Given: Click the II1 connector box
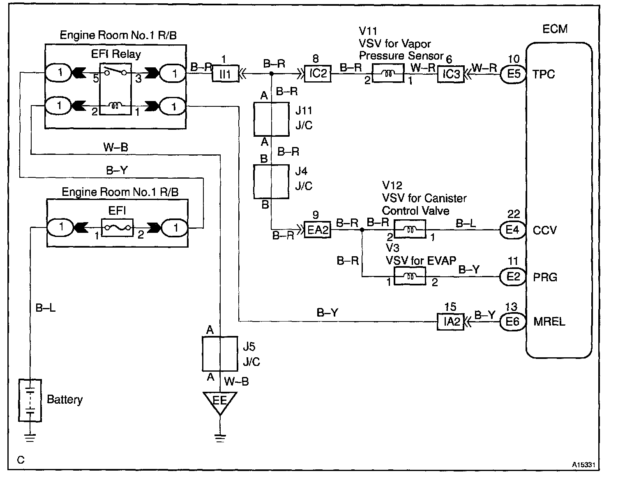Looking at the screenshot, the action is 226,74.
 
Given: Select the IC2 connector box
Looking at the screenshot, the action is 318,74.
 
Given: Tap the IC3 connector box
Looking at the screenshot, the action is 451,74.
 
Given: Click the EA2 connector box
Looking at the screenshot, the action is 317,230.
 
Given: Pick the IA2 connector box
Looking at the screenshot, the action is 450,322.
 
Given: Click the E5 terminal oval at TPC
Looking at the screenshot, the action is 513,74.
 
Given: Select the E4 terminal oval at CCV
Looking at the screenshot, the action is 513,230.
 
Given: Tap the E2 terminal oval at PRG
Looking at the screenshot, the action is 513,276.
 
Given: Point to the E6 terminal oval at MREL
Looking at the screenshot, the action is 513,322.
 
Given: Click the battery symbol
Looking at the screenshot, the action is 30,400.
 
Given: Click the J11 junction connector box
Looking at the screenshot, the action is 272,119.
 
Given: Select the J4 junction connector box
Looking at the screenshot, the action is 271,182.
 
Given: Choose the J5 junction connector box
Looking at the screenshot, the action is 220,354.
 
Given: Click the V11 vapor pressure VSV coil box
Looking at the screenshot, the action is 388,73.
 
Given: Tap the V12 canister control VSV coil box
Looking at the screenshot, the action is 410,229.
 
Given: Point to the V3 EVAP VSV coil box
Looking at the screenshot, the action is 410,276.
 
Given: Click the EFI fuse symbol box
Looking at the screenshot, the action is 117,228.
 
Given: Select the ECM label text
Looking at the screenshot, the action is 555,29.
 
